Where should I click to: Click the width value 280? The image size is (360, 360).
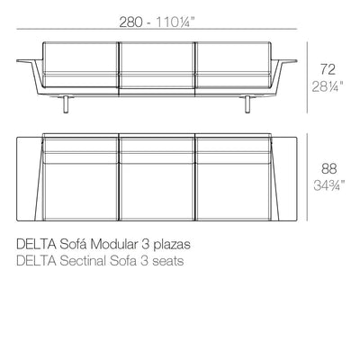click(x=130, y=22)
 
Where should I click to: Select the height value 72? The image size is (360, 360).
click(x=328, y=69)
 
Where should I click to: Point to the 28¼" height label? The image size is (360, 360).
click(x=328, y=86)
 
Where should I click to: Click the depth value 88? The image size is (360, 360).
click(x=329, y=168)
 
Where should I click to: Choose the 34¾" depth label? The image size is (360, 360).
click(x=329, y=185)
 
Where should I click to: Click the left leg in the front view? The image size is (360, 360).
click(x=66, y=104)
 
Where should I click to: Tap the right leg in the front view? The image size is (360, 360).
click(x=247, y=104)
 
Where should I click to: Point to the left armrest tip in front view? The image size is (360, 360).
click(x=17, y=61)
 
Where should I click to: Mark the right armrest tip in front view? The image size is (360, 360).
click(x=296, y=61)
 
